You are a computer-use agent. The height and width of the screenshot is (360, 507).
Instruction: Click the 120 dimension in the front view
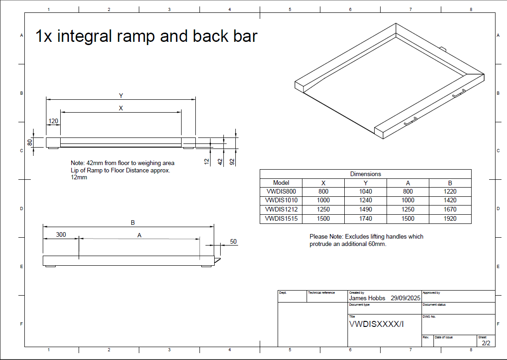(x=53, y=121)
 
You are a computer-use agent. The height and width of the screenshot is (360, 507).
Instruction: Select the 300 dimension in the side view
(x=61, y=234)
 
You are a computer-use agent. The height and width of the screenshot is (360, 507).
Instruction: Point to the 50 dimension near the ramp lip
(x=233, y=241)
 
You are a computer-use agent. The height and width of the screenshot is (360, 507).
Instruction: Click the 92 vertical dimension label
(x=232, y=161)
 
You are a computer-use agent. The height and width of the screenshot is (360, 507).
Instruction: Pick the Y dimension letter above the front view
(x=121, y=96)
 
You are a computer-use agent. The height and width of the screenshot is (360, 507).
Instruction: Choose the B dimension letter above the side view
(x=132, y=223)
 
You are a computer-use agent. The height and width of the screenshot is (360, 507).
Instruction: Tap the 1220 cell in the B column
(x=450, y=191)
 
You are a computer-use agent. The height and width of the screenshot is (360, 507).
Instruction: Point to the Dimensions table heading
(x=365, y=174)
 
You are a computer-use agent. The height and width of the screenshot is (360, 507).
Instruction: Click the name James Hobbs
(x=367, y=298)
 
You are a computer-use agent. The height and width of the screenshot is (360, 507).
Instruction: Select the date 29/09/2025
(x=405, y=298)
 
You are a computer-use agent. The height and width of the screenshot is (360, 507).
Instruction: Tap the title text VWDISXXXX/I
(x=376, y=324)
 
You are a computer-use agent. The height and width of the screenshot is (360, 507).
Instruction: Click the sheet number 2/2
(x=486, y=343)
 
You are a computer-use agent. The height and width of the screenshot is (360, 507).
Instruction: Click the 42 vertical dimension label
(x=220, y=161)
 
